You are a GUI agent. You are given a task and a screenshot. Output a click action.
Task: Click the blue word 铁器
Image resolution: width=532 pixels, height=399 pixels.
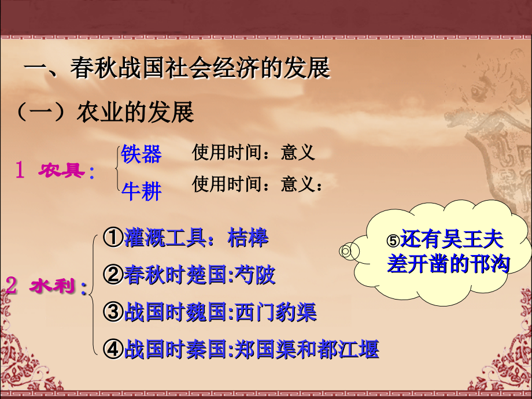tap(141, 154)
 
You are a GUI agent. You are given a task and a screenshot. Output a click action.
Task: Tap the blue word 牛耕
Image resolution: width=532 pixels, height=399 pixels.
tap(141, 190)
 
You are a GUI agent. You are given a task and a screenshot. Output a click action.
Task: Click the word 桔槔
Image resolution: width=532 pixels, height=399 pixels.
tap(249, 238)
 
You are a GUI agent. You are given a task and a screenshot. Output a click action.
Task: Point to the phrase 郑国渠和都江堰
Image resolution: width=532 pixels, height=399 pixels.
tap(306, 349)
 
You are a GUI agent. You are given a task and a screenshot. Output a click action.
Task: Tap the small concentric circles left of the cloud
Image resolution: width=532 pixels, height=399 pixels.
tap(345, 250)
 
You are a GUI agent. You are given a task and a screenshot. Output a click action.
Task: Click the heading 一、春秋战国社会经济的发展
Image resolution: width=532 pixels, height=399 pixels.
tap(177, 68)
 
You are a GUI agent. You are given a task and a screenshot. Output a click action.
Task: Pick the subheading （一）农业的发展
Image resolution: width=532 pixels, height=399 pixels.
tap(105, 112)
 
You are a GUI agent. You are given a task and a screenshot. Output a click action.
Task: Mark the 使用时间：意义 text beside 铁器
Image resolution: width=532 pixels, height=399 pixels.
tap(253, 152)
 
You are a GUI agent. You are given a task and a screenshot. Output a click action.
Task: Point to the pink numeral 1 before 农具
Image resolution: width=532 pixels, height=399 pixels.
tap(20, 171)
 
